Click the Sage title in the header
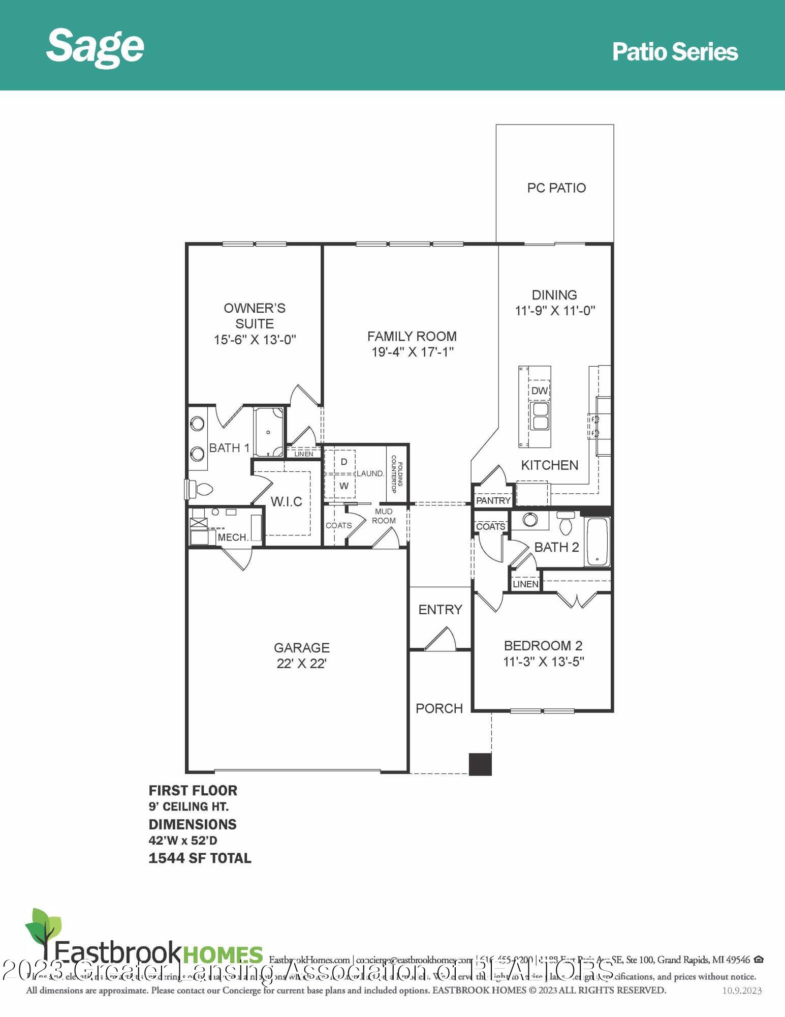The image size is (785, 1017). point(95,47)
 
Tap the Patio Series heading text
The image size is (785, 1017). point(674,52)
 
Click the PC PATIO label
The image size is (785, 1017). point(556,188)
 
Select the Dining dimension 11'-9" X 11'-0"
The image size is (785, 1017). point(555,311)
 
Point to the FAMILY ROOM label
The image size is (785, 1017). point(412,336)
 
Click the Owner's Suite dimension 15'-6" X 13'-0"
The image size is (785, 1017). point(255,340)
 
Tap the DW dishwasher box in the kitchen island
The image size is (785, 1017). point(539,391)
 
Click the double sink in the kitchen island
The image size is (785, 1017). point(539,416)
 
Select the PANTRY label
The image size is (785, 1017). point(493,500)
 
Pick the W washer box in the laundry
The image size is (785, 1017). point(344,486)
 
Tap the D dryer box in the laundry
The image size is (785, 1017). point(344,462)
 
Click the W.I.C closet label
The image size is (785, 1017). point(286,502)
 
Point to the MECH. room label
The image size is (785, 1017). point(233,537)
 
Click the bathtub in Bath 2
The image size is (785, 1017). point(597,542)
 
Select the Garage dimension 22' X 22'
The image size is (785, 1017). point(301,664)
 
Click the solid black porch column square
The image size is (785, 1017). point(480,764)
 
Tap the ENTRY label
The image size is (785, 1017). point(440,609)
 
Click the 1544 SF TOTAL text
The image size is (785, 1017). point(200,858)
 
